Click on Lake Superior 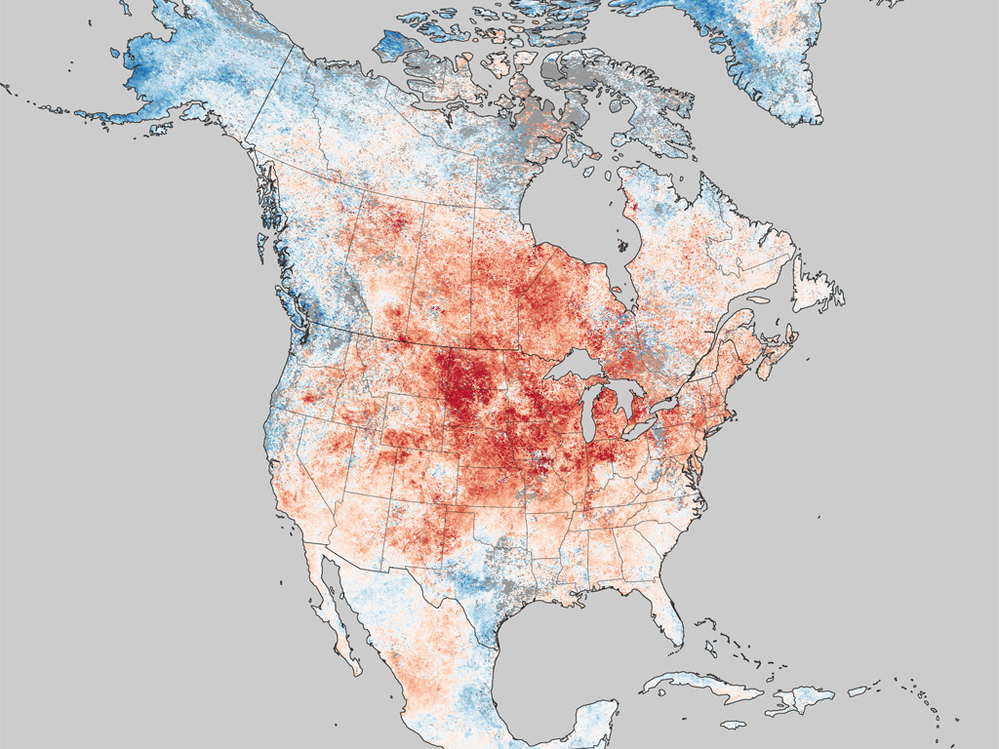pyautogui.click(x=575, y=369)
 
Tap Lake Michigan pyautogui.click(x=591, y=414)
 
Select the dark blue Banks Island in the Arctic pyautogui.click(x=394, y=45)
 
